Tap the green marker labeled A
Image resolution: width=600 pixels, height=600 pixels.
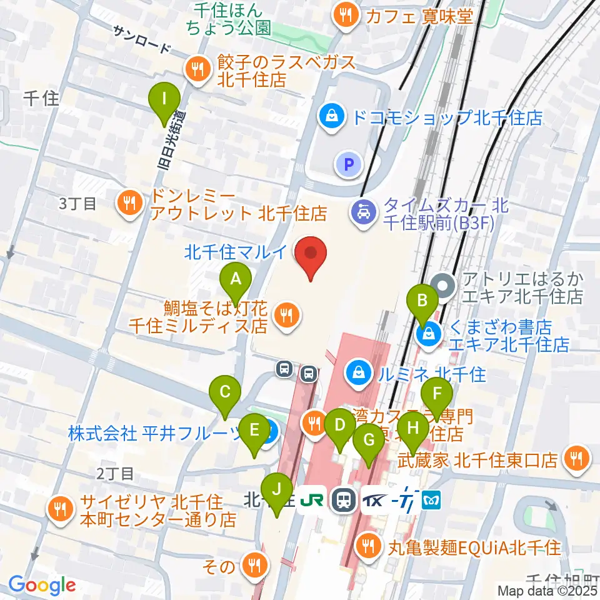pos(236,279)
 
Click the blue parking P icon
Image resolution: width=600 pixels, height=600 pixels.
pos(349,165)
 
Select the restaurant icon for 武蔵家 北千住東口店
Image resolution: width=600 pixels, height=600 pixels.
pos(576,459)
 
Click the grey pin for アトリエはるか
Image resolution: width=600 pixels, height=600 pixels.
pos(444,286)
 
